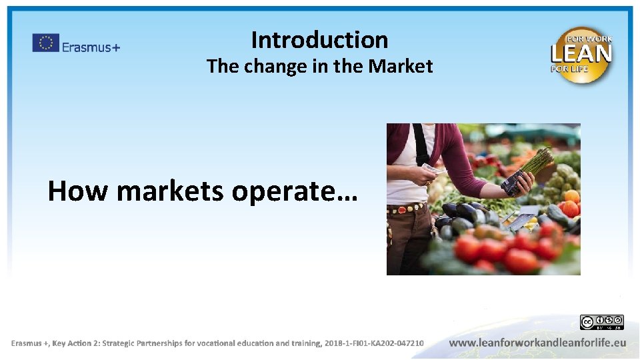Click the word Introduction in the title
[319, 41]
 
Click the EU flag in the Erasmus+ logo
[45, 43]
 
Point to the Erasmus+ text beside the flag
[91, 47]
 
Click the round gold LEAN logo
[581, 55]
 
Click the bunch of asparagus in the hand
[533, 167]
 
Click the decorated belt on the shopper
[407, 208]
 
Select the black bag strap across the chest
[421, 143]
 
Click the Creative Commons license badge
[601, 323]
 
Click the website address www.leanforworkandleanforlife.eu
[537, 343]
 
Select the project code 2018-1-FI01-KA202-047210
[374, 343]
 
